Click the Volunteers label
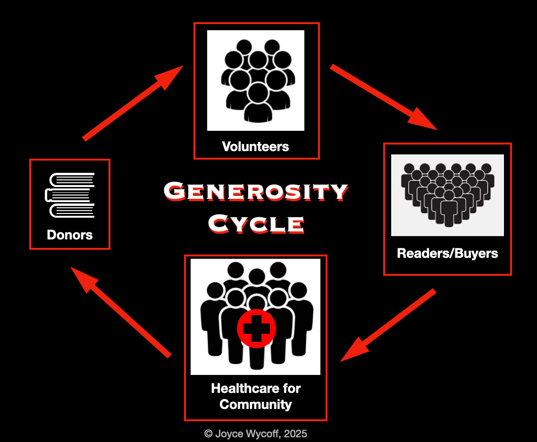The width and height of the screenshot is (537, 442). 255,146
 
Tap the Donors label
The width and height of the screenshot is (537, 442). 70,235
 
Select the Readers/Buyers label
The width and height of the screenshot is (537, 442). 447,253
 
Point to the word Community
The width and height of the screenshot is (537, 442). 256,405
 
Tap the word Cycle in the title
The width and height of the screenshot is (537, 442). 256,223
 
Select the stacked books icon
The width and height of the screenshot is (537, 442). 70,195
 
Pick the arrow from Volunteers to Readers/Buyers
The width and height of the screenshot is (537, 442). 383,96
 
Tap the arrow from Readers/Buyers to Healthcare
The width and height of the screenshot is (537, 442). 388,326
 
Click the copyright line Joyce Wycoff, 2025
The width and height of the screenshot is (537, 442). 255,433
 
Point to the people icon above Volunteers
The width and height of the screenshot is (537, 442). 256,80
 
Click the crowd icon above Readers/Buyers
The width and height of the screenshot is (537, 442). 447,195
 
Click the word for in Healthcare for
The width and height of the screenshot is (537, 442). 292,389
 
